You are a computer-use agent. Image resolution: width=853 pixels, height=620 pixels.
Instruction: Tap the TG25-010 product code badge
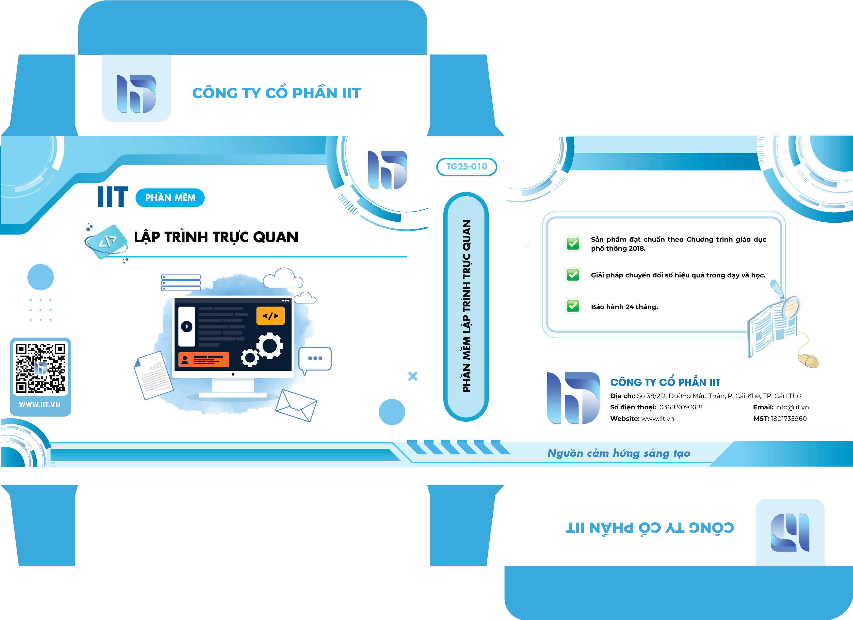coord(466,167)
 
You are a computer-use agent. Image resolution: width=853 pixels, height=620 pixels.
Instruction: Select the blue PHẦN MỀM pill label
coord(170,198)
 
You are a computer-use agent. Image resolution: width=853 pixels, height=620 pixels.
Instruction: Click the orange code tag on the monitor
coord(270,315)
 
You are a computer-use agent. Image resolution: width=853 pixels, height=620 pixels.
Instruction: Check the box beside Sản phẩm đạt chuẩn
coord(573,244)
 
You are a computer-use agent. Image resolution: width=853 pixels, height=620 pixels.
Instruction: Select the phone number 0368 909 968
coord(681,407)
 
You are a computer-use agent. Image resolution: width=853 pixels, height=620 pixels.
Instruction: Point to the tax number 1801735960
coord(789,418)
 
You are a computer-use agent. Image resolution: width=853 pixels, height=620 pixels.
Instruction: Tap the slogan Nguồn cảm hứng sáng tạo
coord(619,453)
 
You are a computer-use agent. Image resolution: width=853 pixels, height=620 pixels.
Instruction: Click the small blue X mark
coord(413,376)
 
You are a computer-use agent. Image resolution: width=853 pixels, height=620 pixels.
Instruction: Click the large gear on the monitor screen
coord(269,345)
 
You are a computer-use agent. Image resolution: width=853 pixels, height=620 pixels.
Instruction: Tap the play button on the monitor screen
coord(187,326)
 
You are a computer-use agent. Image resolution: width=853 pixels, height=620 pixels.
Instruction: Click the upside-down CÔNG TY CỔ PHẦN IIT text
coord(649,528)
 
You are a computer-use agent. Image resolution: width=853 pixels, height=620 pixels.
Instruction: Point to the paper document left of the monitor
coord(153,375)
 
